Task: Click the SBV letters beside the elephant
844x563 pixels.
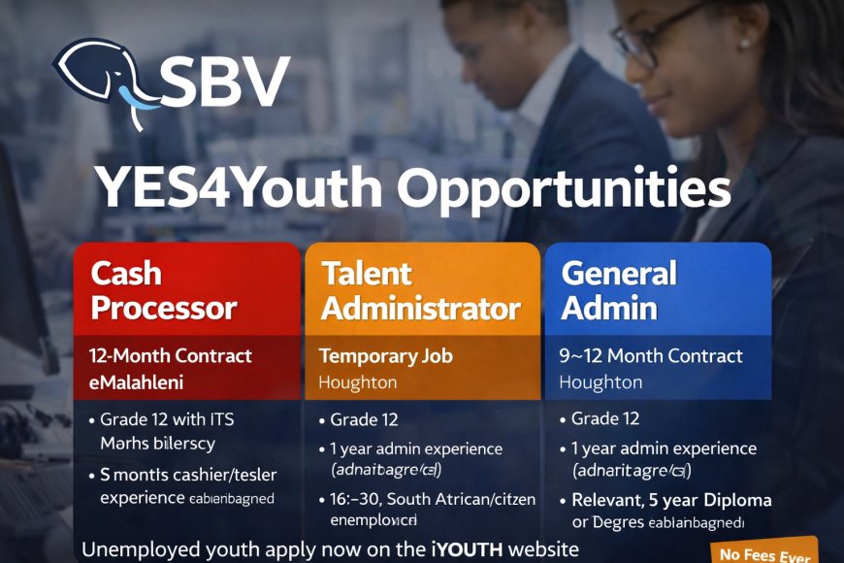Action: tap(225, 81)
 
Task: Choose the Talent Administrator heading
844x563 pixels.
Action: tap(420, 291)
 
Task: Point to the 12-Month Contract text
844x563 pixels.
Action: tap(170, 356)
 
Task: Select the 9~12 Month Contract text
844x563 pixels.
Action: tap(651, 356)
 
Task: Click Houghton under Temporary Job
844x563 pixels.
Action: tap(357, 381)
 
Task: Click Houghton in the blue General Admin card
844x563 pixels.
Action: tap(600, 381)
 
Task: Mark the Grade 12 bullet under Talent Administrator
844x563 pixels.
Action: tap(364, 420)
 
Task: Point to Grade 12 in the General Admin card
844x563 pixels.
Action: tap(605, 419)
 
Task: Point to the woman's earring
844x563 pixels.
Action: tap(745, 45)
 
